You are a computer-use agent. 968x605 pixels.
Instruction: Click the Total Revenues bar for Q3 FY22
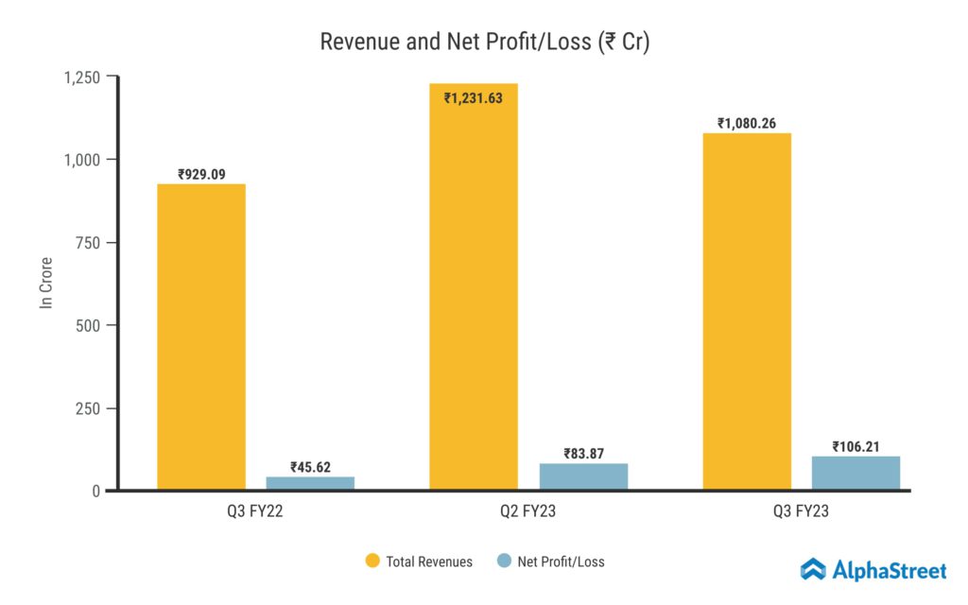[201, 337]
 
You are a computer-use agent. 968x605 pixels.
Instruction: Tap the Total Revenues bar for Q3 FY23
[747, 311]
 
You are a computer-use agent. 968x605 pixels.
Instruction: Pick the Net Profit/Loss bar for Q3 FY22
[310, 483]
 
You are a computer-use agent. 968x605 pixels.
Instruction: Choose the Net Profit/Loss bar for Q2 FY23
[583, 476]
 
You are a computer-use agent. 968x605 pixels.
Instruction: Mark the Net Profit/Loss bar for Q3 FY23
[856, 473]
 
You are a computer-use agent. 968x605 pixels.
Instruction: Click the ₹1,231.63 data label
[474, 97]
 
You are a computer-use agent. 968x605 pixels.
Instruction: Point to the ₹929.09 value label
[201, 175]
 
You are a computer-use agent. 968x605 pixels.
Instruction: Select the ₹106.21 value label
[856, 447]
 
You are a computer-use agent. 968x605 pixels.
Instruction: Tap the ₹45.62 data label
[310, 467]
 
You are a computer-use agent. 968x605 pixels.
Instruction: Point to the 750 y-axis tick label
[89, 242]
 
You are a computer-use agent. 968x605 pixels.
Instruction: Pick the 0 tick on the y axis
[97, 491]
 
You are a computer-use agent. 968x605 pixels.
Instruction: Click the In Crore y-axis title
[45, 283]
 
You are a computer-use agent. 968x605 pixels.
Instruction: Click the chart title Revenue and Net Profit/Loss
[484, 43]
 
